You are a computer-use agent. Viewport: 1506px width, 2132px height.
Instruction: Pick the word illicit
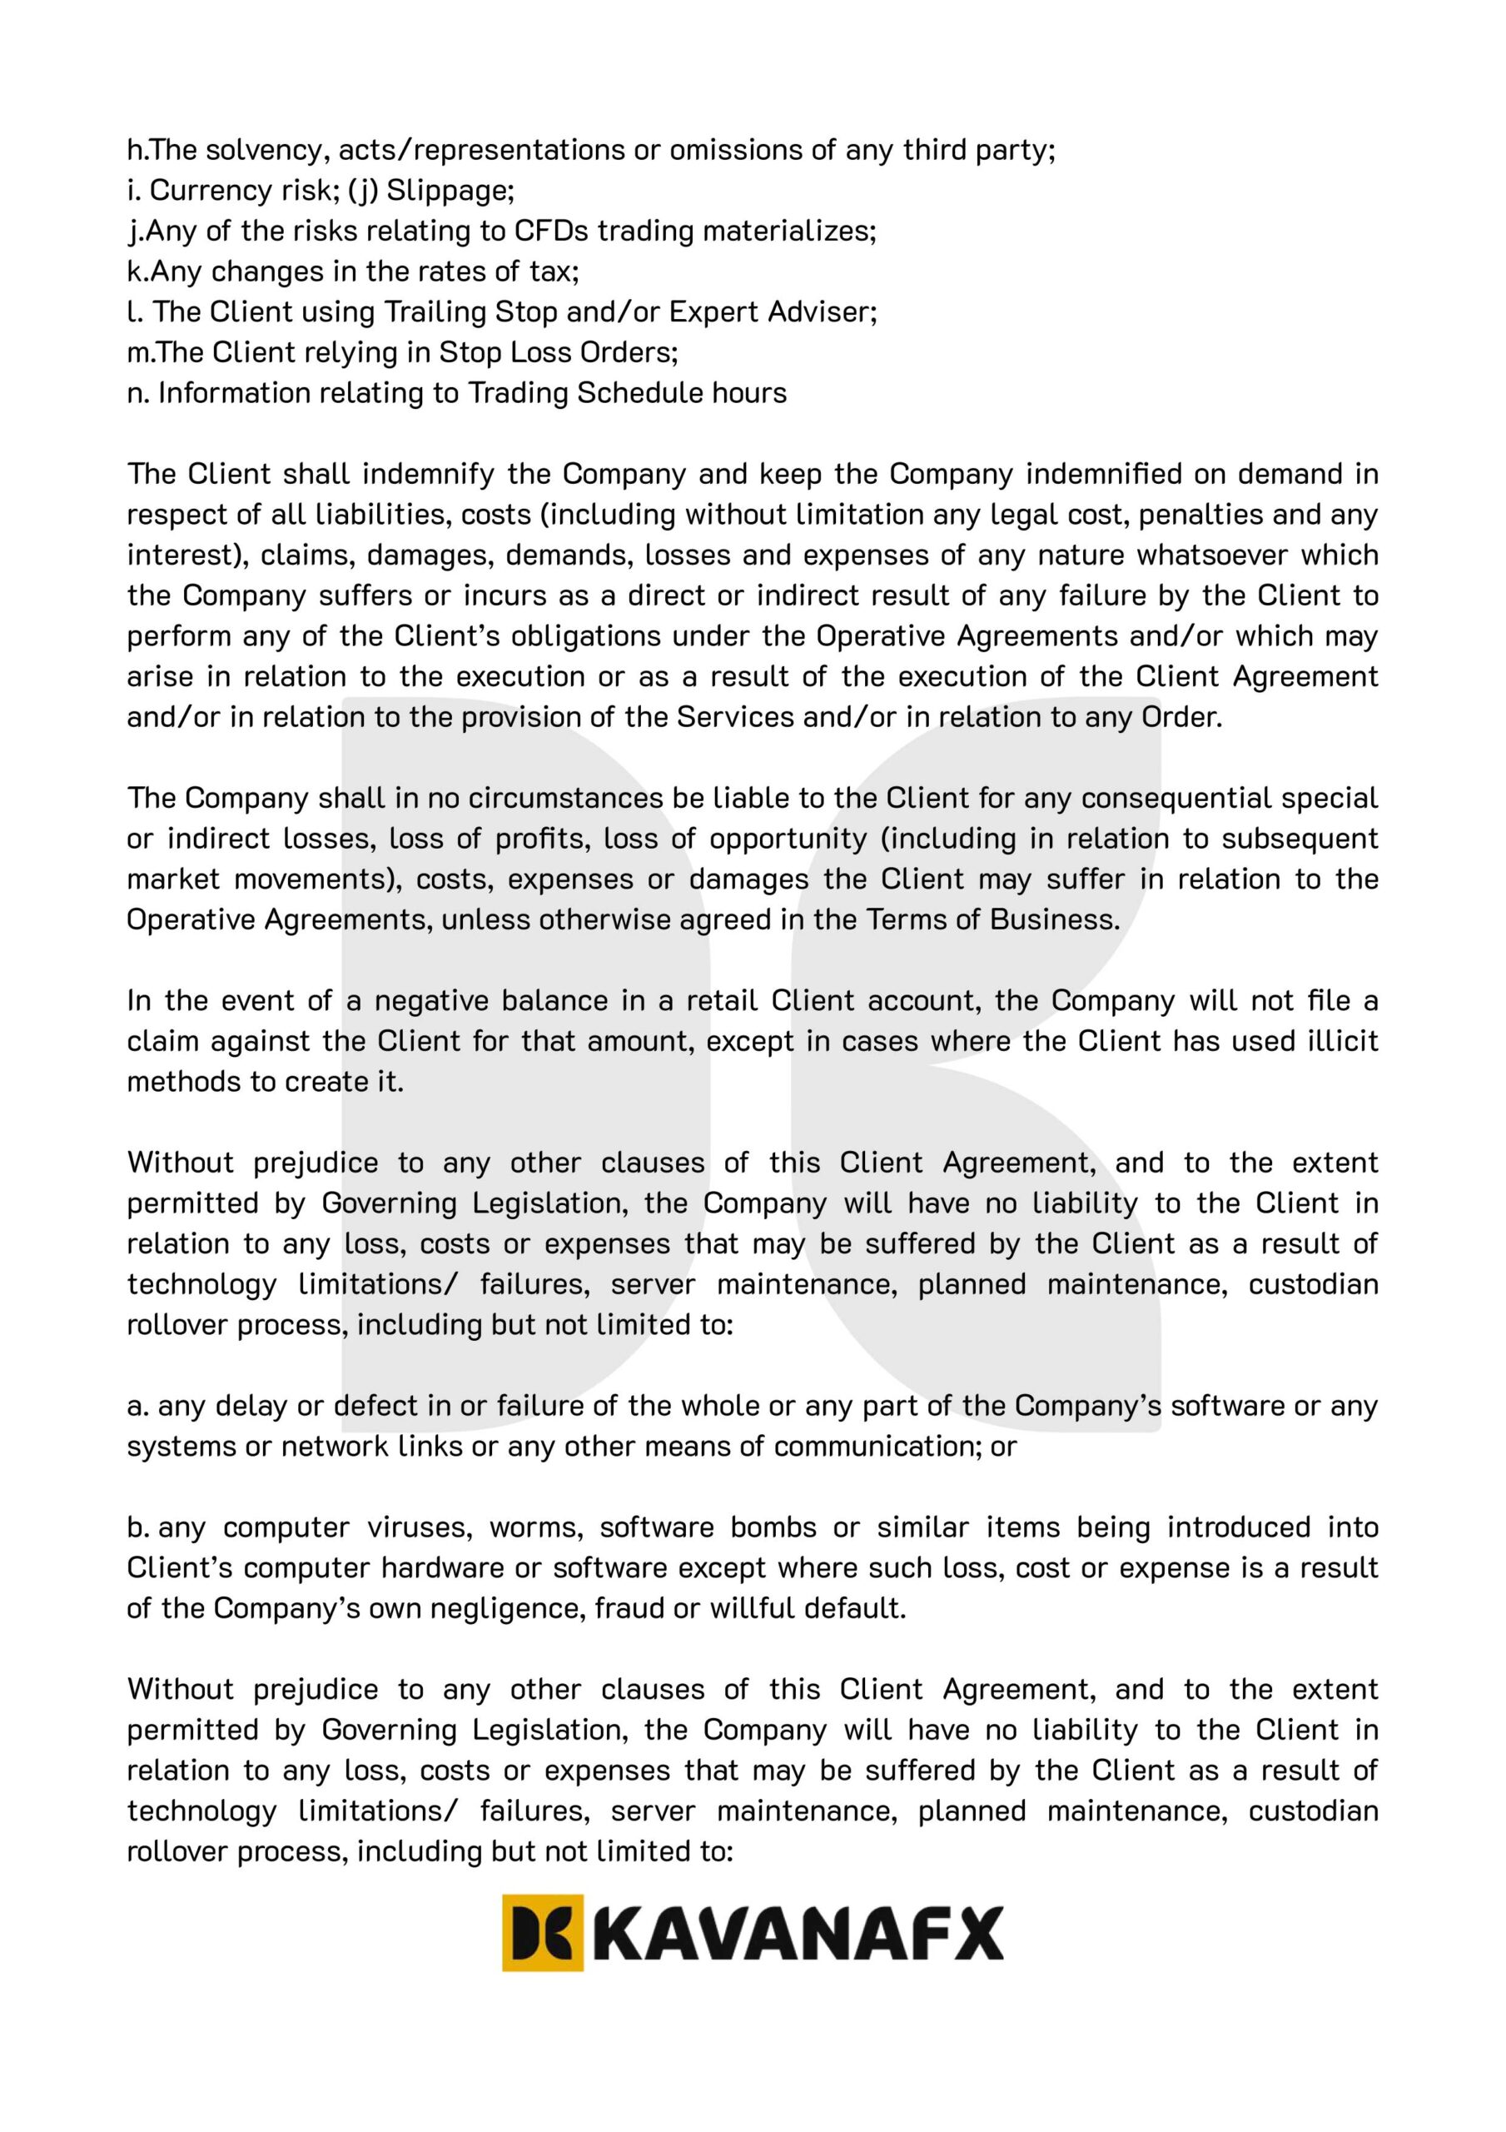click(x=1340, y=1042)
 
